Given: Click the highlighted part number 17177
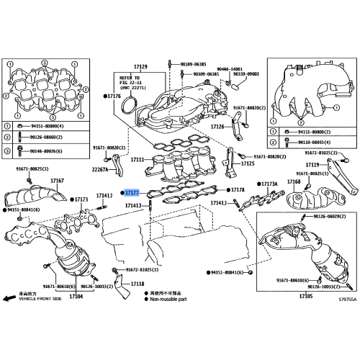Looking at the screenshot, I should tap(131, 193).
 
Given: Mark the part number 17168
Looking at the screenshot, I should tap(294, 182).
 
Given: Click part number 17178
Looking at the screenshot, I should tap(238, 189).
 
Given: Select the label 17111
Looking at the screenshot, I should tap(138, 158).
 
